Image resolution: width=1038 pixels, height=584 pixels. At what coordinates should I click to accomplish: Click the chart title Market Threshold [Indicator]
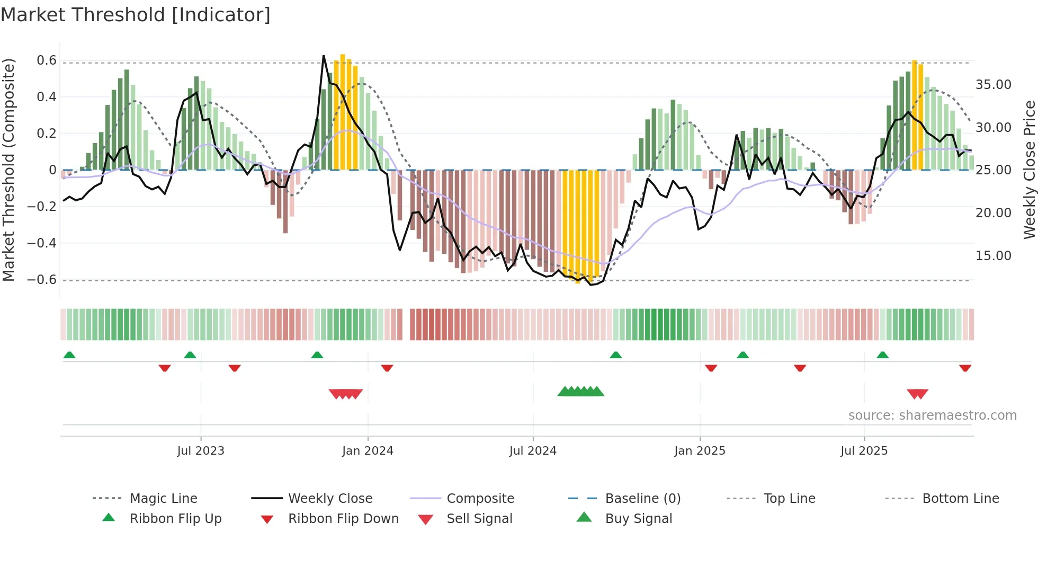point(136,15)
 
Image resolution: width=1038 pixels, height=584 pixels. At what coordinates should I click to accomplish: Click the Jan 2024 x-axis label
point(368,451)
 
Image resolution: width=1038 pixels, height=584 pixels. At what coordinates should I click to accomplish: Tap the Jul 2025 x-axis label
point(864,451)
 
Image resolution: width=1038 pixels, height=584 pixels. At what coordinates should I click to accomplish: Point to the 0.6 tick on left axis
point(46,60)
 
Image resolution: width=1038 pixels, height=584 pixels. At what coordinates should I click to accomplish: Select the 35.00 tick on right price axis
point(993,85)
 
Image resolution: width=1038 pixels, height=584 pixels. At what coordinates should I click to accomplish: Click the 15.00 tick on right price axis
point(993,255)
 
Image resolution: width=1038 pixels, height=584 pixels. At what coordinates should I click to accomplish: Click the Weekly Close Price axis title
point(1029,170)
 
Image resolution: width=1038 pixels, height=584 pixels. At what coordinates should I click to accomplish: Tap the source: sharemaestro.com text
point(932,415)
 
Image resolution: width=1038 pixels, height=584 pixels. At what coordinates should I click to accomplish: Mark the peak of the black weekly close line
point(324,56)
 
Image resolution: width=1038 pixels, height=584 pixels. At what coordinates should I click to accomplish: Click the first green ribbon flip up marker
point(69,355)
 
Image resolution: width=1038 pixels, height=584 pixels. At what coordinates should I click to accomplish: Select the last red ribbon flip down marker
point(965,368)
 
